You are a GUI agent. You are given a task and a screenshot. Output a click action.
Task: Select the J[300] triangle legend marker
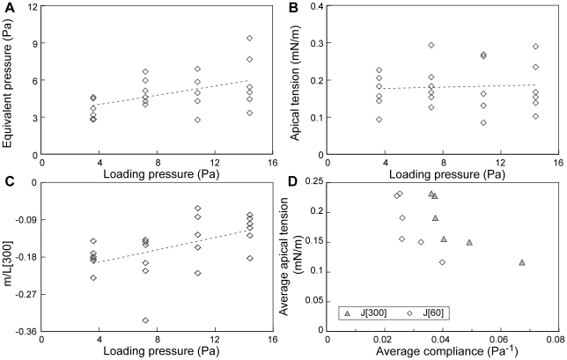click(x=349, y=312)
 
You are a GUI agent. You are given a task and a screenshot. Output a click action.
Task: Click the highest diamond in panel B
click(x=431, y=45)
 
